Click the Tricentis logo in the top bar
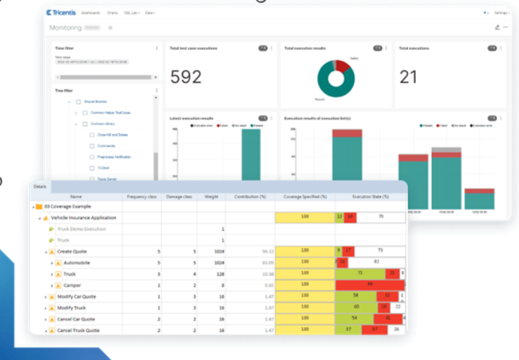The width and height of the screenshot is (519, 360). [61, 13]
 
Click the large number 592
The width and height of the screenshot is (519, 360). [186, 76]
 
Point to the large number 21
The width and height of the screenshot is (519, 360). [409, 76]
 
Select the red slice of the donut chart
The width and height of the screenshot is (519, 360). [343, 67]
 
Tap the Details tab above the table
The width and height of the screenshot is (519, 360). [40, 187]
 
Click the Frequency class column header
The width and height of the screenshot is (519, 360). [142, 197]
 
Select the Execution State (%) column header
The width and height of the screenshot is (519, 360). [370, 197]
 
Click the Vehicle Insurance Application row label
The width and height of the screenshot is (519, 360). [84, 218]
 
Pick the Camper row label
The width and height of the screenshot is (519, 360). [71, 286]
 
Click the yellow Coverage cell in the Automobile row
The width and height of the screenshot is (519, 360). [305, 262]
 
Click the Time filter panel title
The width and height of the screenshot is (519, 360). [65, 48]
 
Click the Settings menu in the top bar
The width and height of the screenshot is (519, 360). [501, 13]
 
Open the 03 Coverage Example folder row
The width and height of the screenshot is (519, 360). [59, 207]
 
